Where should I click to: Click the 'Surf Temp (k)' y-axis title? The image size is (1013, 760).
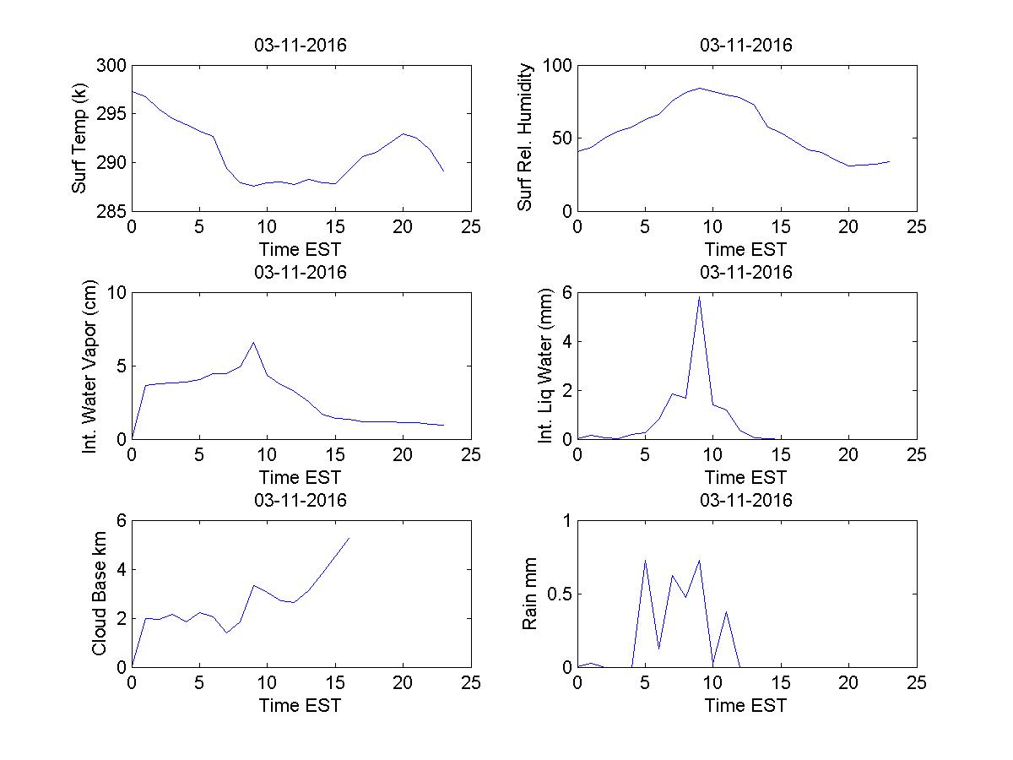(x=79, y=139)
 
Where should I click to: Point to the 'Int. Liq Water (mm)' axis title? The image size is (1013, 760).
(x=544, y=366)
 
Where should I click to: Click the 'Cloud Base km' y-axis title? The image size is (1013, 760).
(x=99, y=594)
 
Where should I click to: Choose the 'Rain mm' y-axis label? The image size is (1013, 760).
(x=529, y=594)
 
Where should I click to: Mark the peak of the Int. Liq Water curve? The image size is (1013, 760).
(x=699, y=296)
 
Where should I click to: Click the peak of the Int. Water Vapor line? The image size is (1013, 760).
(x=253, y=342)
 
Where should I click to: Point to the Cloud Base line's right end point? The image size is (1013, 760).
(x=349, y=538)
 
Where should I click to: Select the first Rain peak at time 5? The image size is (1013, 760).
(x=645, y=559)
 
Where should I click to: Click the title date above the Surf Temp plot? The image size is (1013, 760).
(x=301, y=46)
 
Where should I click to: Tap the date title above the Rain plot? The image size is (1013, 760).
(x=746, y=500)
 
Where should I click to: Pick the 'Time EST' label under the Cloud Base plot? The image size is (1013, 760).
(x=301, y=705)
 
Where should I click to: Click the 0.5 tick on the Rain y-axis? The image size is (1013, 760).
(x=556, y=594)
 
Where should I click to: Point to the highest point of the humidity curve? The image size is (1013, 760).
(x=699, y=88)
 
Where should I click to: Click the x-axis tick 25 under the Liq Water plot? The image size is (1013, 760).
(x=916, y=455)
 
